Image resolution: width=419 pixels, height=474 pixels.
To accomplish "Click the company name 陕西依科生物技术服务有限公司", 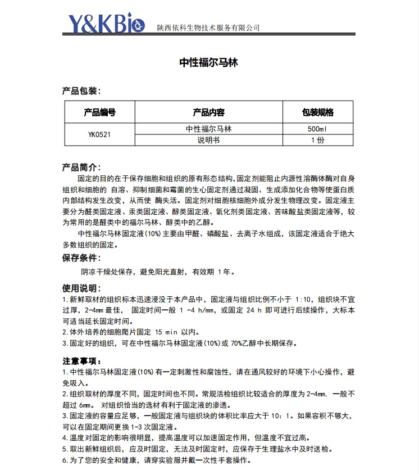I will click(208, 27).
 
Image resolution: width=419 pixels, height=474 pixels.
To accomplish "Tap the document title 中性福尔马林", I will click(209, 63).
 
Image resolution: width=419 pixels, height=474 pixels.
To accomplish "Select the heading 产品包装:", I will click(81, 91).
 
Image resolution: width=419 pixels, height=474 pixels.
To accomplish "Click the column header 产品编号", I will click(99, 112).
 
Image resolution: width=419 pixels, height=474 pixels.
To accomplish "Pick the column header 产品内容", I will click(208, 112).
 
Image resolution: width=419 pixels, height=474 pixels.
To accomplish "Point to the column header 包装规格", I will click(317, 112).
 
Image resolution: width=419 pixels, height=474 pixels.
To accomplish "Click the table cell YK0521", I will click(99, 135).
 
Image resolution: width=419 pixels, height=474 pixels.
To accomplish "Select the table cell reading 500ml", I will click(317, 129).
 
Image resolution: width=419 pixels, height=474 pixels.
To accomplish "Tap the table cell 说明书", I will click(208, 141).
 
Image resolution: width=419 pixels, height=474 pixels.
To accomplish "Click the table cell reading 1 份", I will click(317, 141).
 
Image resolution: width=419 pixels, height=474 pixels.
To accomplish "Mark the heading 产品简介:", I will click(81, 167).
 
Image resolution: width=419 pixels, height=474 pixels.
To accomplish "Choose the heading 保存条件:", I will click(81, 258).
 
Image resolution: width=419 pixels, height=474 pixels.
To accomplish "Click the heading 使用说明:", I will click(81, 288).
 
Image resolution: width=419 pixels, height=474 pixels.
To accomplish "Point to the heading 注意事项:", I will click(81, 360).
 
